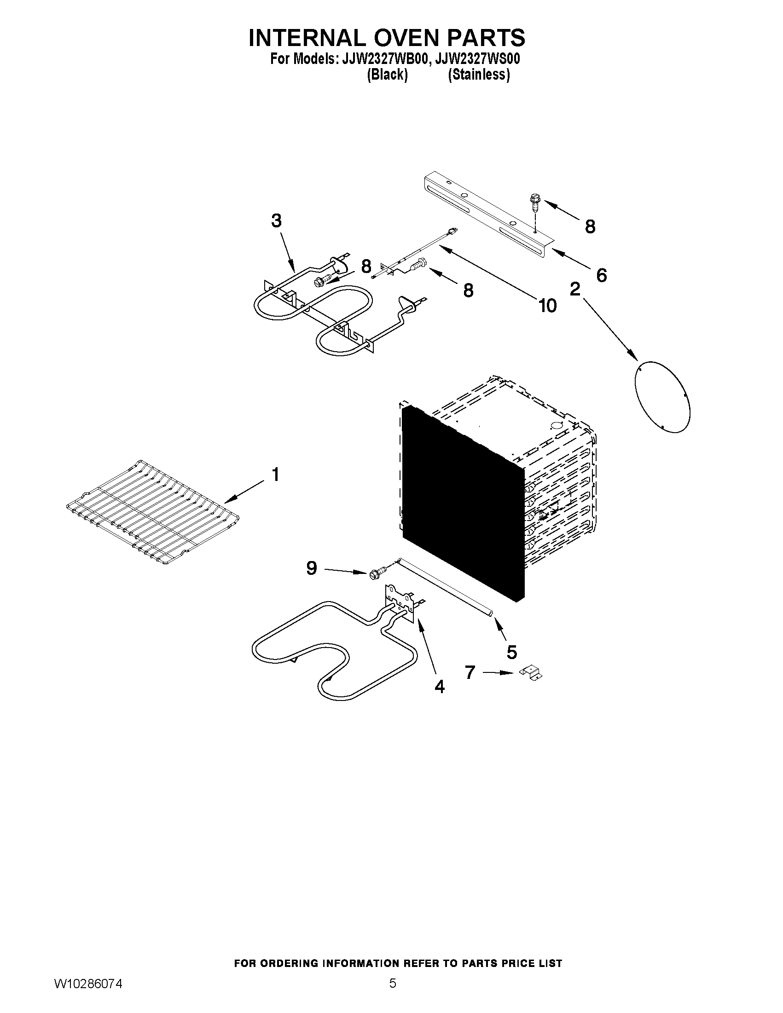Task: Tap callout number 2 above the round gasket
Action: [575, 289]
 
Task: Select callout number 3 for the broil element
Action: [277, 221]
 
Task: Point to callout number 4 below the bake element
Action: [439, 687]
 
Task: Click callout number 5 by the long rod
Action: [511, 652]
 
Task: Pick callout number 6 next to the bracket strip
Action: [601, 276]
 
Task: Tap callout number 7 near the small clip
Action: [470, 672]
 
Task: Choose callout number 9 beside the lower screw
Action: [312, 568]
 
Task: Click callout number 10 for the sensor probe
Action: [547, 306]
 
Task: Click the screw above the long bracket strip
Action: [534, 202]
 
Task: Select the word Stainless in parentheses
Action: [479, 75]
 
